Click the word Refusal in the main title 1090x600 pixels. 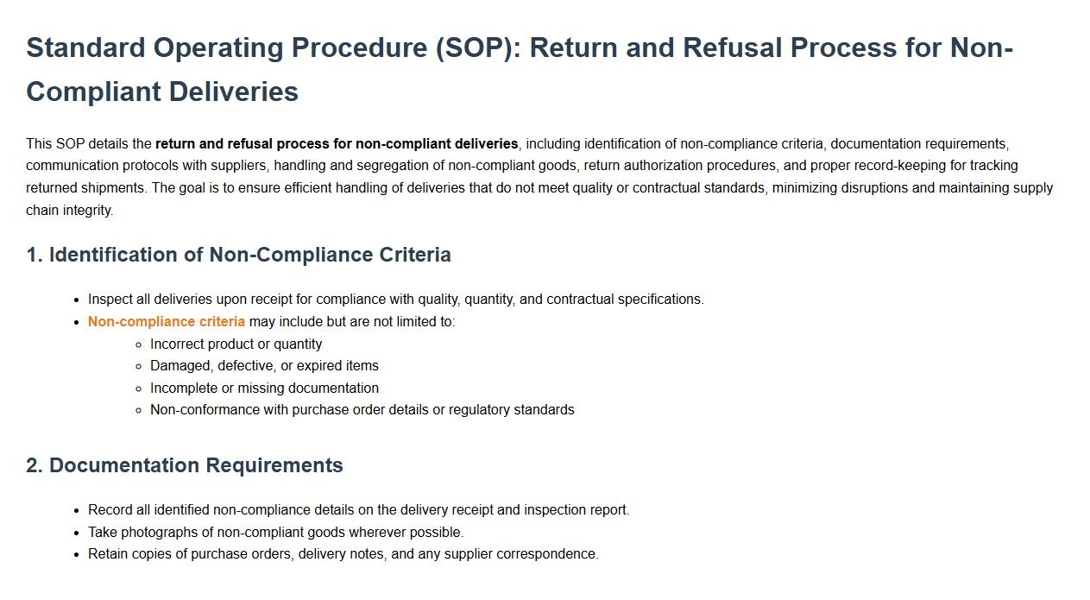point(733,47)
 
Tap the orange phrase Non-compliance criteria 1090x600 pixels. point(167,322)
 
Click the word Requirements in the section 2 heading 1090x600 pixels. point(274,465)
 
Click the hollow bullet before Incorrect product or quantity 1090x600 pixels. point(139,345)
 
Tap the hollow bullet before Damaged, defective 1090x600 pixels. point(139,366)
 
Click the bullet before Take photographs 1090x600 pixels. point(77,534)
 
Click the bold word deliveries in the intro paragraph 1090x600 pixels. point(486,144)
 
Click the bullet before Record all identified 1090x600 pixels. point(77,511)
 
